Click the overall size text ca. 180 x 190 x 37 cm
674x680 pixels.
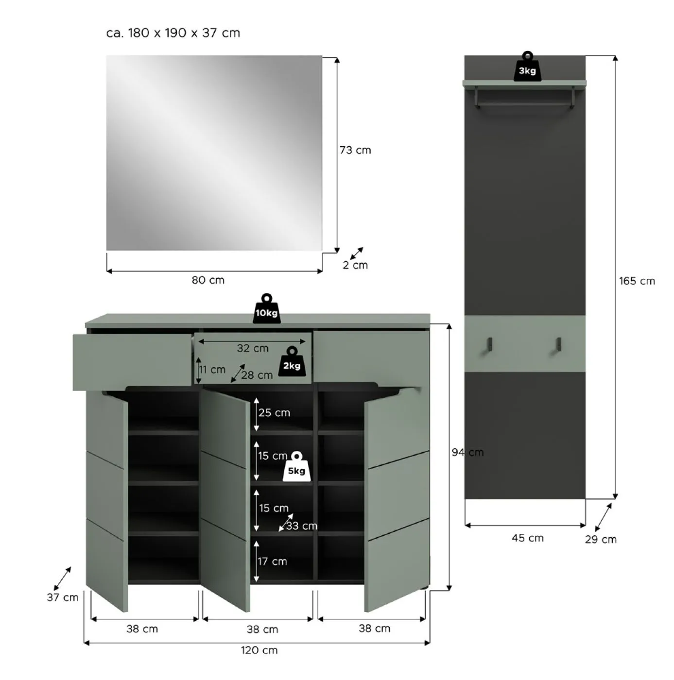(173, 33)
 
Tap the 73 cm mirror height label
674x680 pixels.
(355, 151)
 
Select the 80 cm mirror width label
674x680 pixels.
(208, 280)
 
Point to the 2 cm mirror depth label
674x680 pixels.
(355, 265)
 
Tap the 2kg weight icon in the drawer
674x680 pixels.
(292, 363)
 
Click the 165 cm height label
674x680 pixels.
(637, 281)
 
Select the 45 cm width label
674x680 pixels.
(527, 538)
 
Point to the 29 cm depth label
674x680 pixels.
(601, 540)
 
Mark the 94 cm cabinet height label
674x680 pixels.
(467, 453)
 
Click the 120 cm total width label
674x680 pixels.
(259, 650)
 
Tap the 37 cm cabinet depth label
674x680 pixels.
(63, 597)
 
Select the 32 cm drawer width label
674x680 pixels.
(253, 348)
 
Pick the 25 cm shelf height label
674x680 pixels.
(274, 413)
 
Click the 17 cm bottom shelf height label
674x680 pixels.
(272, 561)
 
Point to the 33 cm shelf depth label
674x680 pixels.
(301, 526)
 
